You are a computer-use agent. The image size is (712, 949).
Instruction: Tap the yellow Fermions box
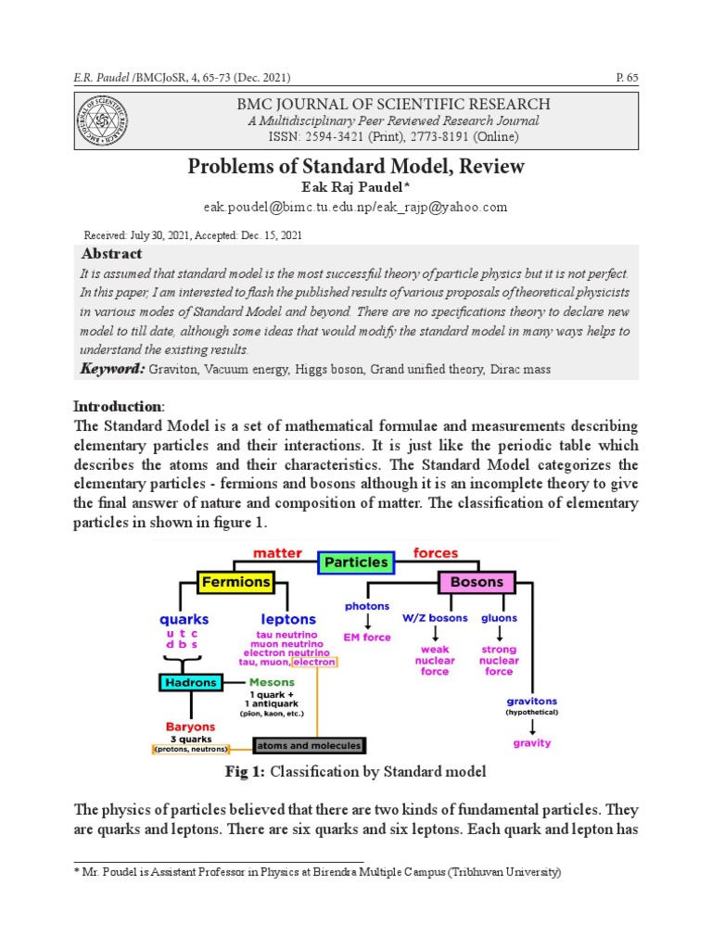(x=235, y=583)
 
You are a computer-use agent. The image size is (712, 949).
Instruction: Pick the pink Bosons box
(x=477, y=583)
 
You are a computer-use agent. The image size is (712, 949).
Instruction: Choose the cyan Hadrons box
(x=192, y=683)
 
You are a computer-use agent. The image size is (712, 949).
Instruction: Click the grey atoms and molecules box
(x=309, y=745)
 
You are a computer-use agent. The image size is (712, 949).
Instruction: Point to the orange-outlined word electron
(x=314, y=663)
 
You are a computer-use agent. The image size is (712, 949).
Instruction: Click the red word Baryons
(x=190, y=727)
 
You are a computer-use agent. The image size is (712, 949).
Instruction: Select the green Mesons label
(x=272, y=683)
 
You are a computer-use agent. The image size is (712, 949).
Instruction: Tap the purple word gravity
(x=531, y=743)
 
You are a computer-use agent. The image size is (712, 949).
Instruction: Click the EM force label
(x=367, y=638)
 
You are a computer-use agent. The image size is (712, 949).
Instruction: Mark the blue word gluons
(x=499, y=618)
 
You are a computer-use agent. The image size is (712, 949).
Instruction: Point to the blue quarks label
(x=184, y=619)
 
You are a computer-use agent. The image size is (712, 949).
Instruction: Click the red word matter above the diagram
(x=277, y=553)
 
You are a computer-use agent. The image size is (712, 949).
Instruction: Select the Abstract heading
(x=112, y=254)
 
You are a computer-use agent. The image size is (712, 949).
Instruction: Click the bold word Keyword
(x=112, y=369)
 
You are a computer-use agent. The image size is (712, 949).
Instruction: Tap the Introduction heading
(x=118, y=407)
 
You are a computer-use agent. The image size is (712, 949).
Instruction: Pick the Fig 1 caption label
(x=245, y=772)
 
